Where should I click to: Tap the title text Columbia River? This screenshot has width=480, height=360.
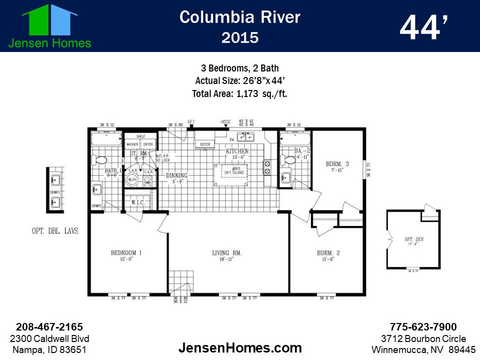click(239, 17)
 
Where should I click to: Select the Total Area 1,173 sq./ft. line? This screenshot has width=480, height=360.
click(239, 93)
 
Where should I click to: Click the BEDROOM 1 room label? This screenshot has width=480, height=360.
click(126, 253)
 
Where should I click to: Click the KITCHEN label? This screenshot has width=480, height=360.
click(237, 151)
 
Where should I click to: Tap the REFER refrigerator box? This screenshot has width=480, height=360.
click(205, 144)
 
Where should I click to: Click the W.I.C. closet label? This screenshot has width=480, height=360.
click(138, 202)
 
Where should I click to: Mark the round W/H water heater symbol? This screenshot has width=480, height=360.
click(132, 179)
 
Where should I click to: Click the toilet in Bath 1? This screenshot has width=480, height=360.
click(100, 160)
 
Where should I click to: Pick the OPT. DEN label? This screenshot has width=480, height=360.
click(414, 239)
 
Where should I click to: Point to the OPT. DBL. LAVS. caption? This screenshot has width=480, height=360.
click(53, 231)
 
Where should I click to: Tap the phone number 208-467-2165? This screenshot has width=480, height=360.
click(49, 327)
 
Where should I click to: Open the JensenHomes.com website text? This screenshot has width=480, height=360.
click(239, 347)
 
